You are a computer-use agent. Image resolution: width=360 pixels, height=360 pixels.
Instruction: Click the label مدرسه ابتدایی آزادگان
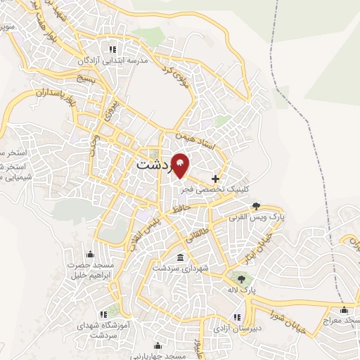click(x=112, y=61)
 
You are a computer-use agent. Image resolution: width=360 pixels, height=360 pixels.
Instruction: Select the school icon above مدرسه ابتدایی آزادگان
click(x=112, y=49)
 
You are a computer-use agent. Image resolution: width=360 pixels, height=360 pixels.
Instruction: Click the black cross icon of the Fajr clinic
click(x=215, y=179)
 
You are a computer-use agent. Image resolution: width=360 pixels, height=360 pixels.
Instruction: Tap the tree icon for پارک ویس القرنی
click(x=257, y=206)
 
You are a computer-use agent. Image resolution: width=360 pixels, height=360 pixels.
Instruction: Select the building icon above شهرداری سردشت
click(x=181, y=257)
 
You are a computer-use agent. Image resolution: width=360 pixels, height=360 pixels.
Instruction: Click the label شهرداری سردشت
click(x=181, y=268)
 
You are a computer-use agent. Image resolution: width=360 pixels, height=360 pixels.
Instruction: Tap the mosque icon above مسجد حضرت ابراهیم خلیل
click(x=89, y=255)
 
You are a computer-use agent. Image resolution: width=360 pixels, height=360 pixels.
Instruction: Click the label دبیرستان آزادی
click(x=238, y=328)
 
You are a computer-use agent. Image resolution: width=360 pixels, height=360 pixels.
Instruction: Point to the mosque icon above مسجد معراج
click(x=344, y=309)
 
